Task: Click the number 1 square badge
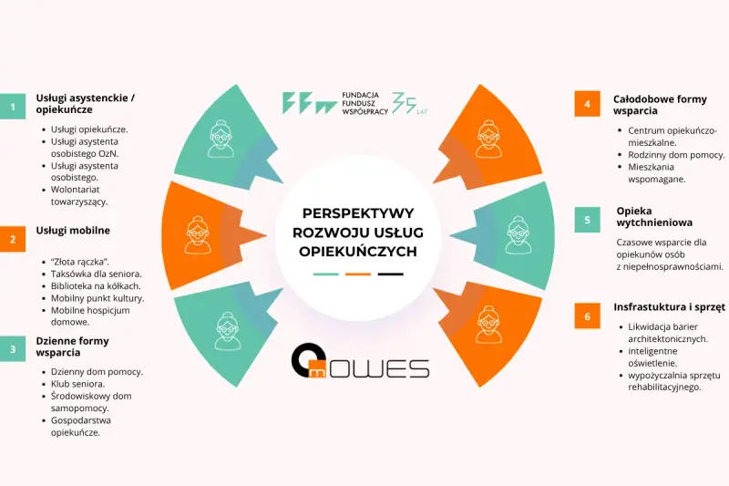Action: pyautogui.click(x=13, y=107)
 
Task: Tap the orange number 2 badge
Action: pyautogui.click(x=13, y=239)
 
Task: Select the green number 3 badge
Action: pyautogui.click(x=13, y=349)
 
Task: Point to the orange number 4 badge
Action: pyautogui.click(x=587, y=104)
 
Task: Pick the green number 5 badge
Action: pyautogui.click(x=587, y=220)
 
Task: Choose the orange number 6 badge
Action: pyautogui.click(x=587, y=316)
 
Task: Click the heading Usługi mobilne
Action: pyautogui.click(x=73, y=230)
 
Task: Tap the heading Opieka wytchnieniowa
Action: pyautogui.click(x=654, y=217)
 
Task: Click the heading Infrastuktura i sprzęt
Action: pyautogui.click(x=669, y=307)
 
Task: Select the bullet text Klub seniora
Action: pyautogui.click(x=77, y=384)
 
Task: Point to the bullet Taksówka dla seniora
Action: pyautogui.click(x=97, y=274)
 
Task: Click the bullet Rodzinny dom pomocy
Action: pyautogui.click(x=676, y=155)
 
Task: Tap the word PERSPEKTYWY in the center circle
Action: pyautogui.click(x=358, y=213)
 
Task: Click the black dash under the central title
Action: pyautogui.click(x=391, y=274)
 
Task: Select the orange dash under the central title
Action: pyautogui.click(x=358, y=274)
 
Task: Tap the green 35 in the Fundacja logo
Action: pyautogui.click(x=404, y=103)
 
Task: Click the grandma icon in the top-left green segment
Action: pyautogui.click(x=221, y=139)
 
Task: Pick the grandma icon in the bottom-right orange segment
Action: pyautogui.click(x=488, y=324)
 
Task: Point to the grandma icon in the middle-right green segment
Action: pyautogui.click(x=518, y=235)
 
